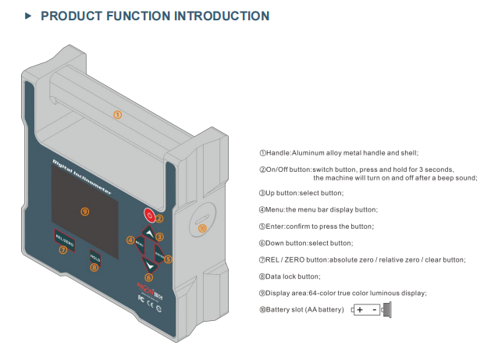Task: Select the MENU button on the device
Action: pyautogui.click(x=138, y=244)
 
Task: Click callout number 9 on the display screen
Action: pyautogui.click(x=84, y=211)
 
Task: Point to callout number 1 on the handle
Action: pyautogui.click(x=117, y=114)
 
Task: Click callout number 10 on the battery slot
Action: pyautogui.click(x=202, y=228)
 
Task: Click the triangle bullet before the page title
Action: pyautogui.click(x=28, y=16)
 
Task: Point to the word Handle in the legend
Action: pyautogui.click(x=279, y=153)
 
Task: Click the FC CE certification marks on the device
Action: pyautogui.click(x=146, y=298)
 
